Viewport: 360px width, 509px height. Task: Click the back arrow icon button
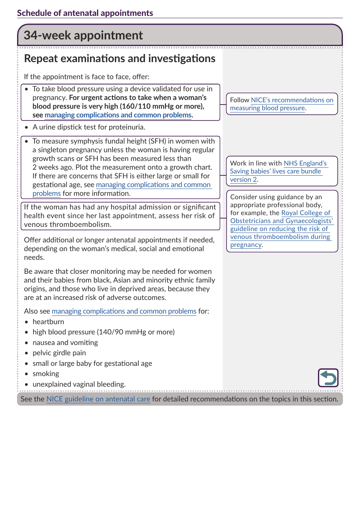pos(328,378)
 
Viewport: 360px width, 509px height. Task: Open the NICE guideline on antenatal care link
pos(98,399)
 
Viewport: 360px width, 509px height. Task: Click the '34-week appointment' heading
pos(83,35)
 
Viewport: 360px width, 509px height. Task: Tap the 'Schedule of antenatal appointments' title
pos(85,13)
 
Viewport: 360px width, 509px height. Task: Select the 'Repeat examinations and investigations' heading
pos(119,59)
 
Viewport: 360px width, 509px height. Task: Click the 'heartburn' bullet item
pos(48,322)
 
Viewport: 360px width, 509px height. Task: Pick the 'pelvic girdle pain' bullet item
pos(59,353)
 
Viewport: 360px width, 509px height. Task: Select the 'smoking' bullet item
pos(46,374)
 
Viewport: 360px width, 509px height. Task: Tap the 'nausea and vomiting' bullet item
pos(65,343)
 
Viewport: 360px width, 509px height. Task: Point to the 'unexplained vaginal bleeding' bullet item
pos(79,384)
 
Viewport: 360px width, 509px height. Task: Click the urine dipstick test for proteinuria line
pos(89,127)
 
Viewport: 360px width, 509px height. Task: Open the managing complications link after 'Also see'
pos(124,311)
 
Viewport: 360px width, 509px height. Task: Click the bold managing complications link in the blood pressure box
pos(118,115)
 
